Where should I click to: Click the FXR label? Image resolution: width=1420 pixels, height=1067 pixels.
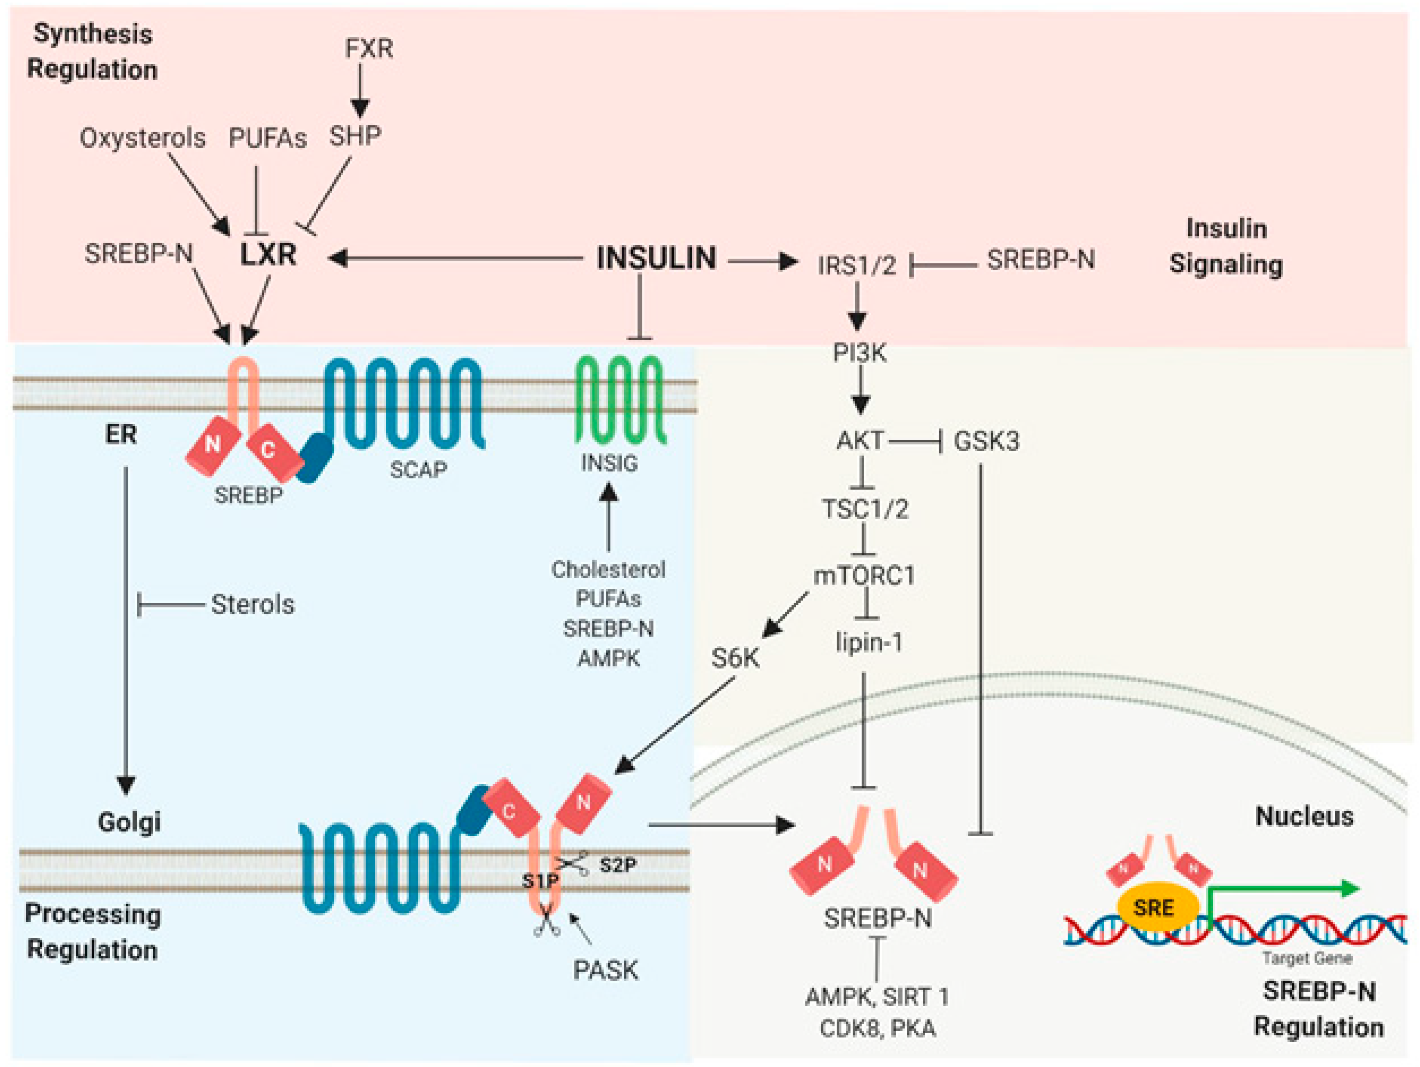coord(369,49)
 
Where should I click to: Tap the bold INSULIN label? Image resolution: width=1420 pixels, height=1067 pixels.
coord(656,258)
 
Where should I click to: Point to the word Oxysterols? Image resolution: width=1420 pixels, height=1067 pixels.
coord(143,138)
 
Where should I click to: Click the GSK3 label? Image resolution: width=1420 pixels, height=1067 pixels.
coord(986,441)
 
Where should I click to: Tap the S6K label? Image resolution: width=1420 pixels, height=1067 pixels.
coord(735,658)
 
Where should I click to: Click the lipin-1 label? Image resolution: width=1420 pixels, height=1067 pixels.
coord(869,642)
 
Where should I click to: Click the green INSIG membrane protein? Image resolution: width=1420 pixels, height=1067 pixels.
coord(620,401)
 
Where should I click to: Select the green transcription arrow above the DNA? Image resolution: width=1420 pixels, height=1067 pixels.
coord(1284,890)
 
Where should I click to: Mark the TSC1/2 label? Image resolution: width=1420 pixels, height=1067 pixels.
coord(865,509)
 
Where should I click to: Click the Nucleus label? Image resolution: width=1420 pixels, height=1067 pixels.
coord(1304,817)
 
